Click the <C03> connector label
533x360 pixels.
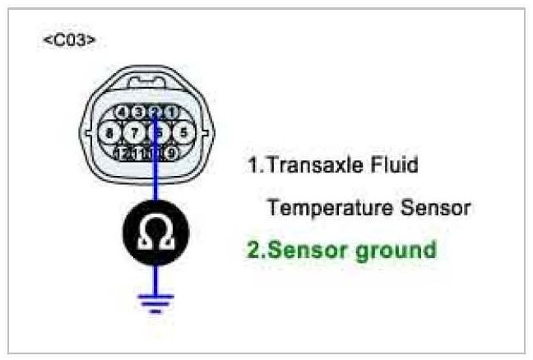(69, 39)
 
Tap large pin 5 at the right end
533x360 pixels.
(183, 132)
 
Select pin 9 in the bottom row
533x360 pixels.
(171, 151)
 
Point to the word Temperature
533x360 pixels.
(321, 208)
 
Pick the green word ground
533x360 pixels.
(399, 251)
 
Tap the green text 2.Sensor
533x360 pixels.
(301, 250)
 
